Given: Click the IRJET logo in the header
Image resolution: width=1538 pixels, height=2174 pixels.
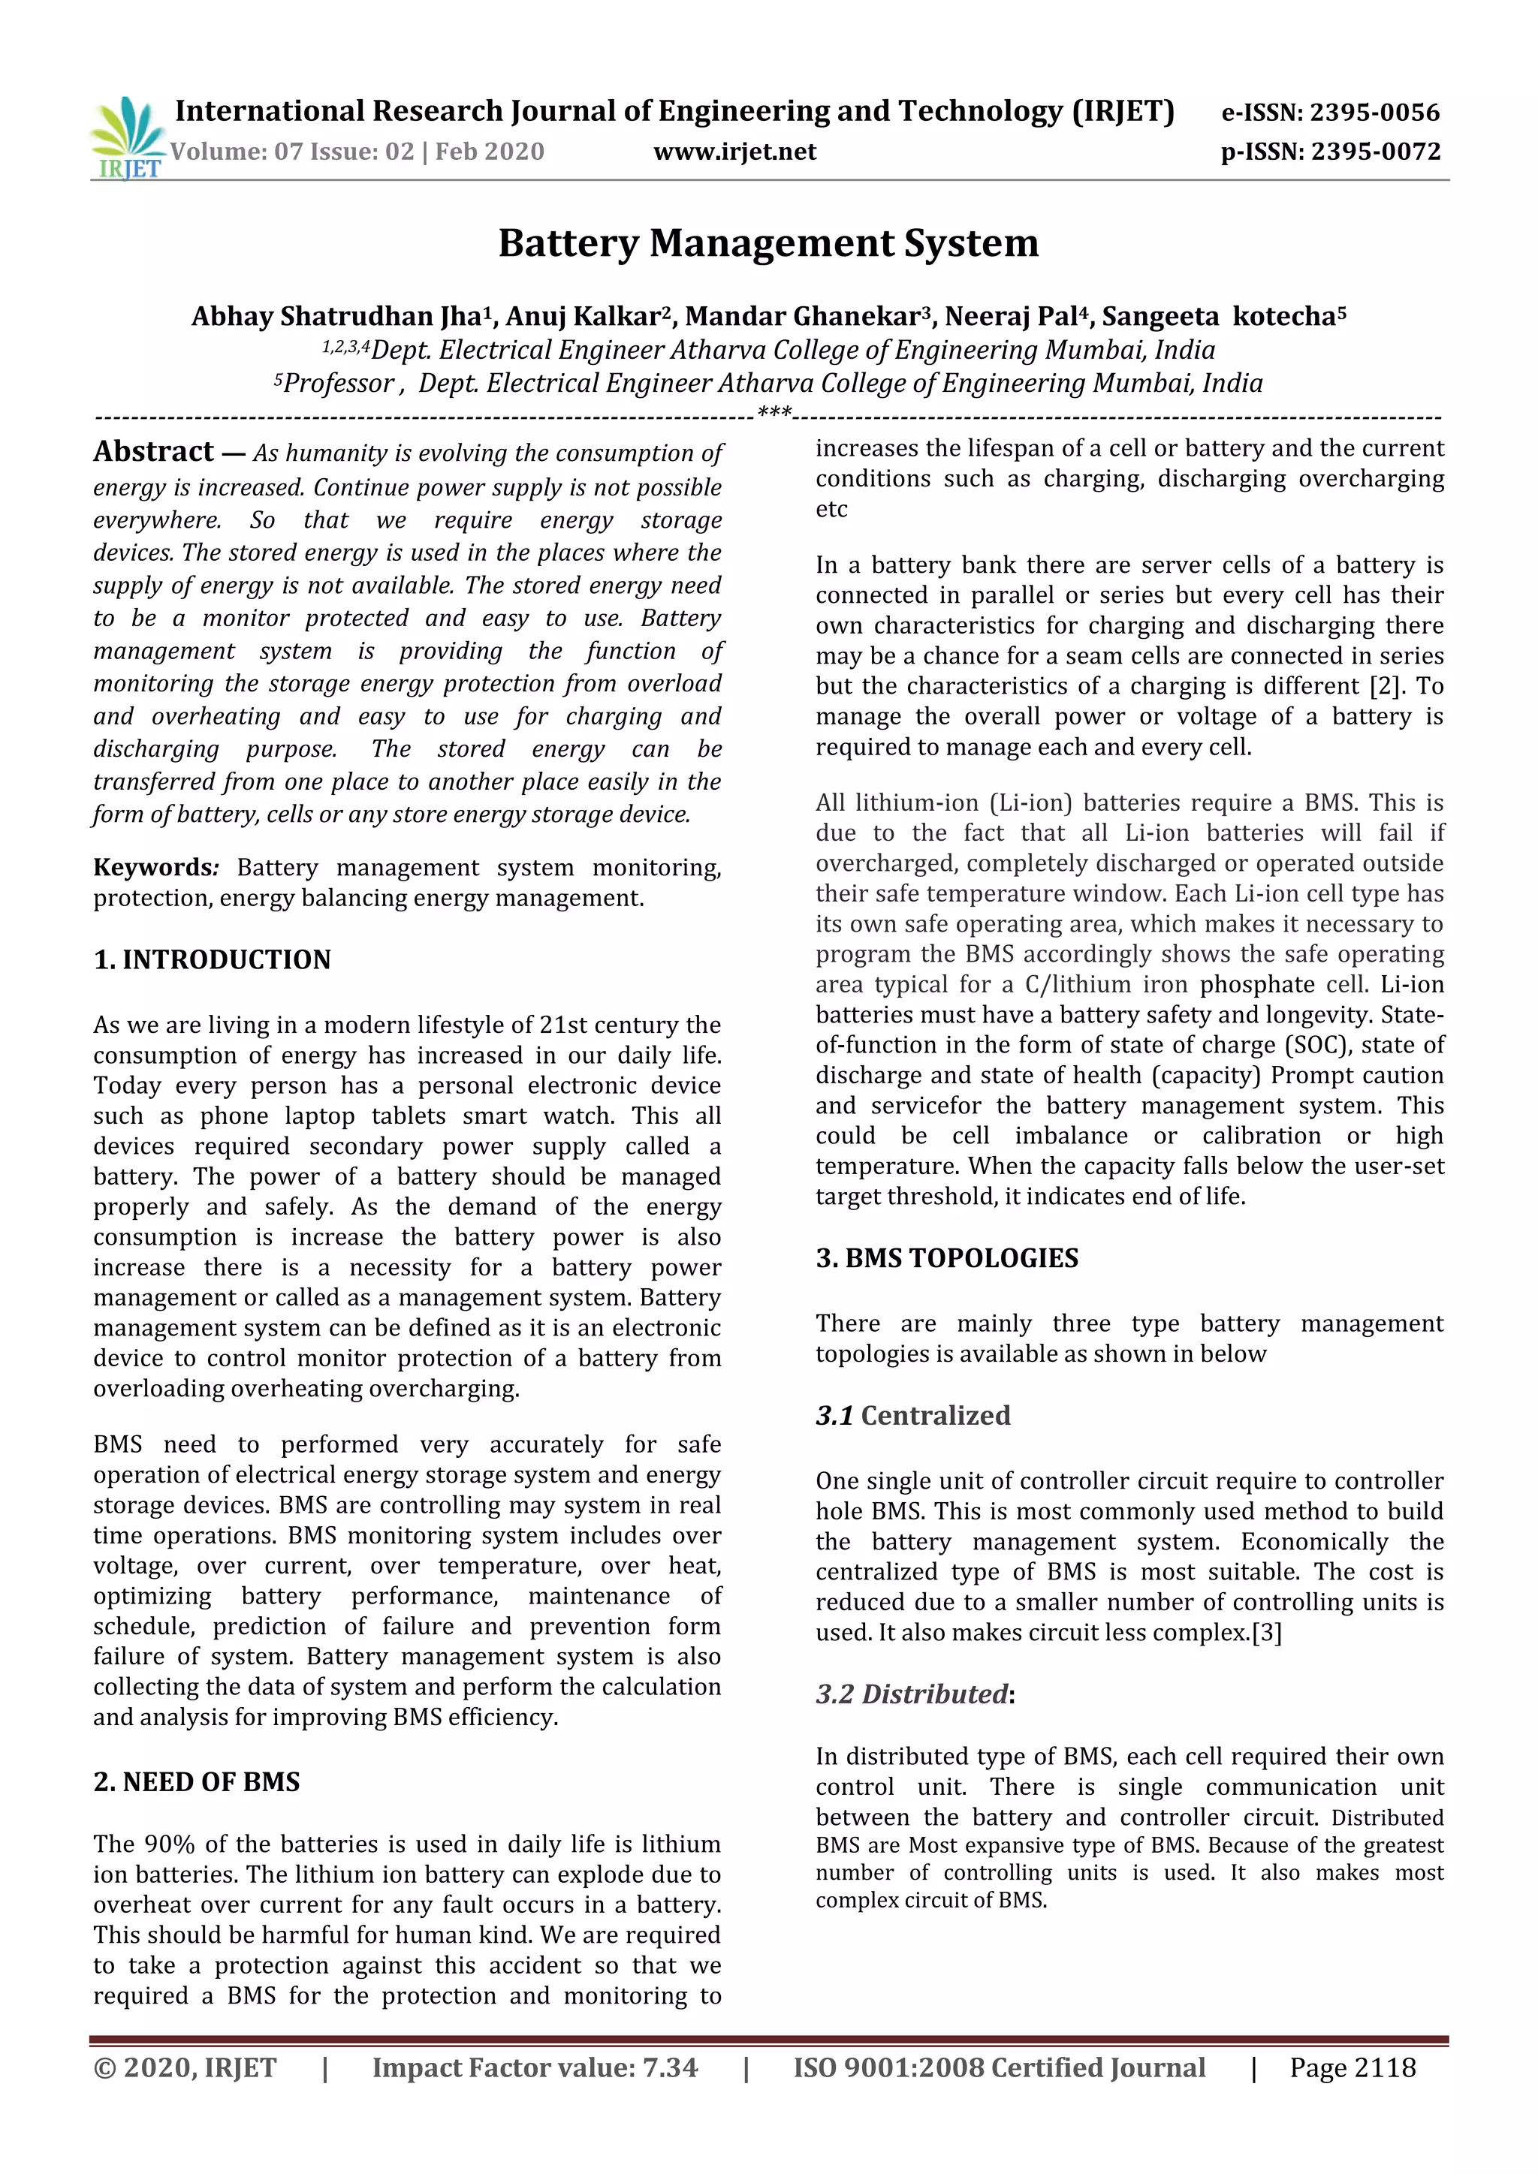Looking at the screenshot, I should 126,138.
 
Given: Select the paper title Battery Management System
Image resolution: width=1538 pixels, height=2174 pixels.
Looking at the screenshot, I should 768,243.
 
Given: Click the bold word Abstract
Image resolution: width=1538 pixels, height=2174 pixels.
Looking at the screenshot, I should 153,452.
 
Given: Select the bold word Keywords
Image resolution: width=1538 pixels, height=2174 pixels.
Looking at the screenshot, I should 153,867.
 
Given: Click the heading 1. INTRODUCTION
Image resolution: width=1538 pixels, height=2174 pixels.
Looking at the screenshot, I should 212,959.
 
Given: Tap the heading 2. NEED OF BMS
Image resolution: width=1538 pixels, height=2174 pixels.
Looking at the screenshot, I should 196,1781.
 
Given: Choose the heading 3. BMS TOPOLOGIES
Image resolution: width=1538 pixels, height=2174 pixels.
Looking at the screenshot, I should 946,1257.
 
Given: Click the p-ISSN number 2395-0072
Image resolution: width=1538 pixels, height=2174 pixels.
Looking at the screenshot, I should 1375,152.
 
